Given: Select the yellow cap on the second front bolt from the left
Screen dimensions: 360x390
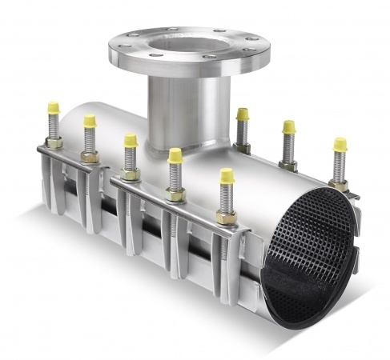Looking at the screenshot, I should pyautogui.click(x=90, y=121).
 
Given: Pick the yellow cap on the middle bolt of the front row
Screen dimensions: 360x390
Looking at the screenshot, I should pyautogui.click(x=130, y=141).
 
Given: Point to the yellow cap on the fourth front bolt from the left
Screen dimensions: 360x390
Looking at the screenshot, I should pyautogui.click(x=175, y=155).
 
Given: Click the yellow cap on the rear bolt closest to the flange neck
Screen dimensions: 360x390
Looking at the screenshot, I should pyautogui.click(x=242, y=114).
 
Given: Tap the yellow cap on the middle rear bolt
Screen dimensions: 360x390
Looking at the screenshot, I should pyautogui.click(x=288, y=127).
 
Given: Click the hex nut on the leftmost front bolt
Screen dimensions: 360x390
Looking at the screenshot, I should pyautogui.click(x=54, y=143).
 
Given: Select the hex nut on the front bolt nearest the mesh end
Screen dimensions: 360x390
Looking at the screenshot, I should pyautogui.click(x=226, y=217).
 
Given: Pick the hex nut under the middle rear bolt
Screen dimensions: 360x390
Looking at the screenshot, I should pyautogui.click(x=288, y=165).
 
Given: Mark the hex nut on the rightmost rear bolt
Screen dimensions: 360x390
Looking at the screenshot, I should pyautogui.click(x=339, y=185).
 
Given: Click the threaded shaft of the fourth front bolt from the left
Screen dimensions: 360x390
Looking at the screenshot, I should pyautogui.click(x=174, y=177).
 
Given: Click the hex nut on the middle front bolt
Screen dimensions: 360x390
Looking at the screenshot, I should pyautogui.click(x=130, y=174).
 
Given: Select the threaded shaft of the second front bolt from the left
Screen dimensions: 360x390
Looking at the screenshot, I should pyautogui.click(x=90, y=140).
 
